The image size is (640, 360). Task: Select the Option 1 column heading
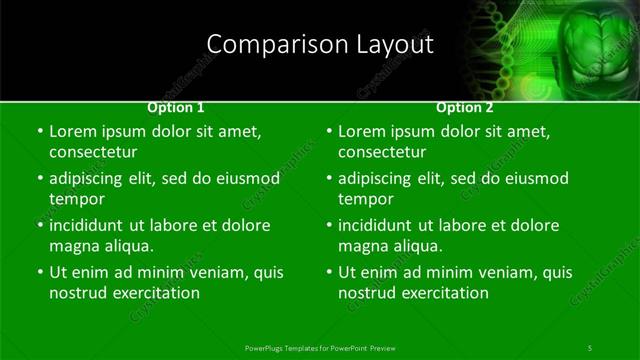point(176,107)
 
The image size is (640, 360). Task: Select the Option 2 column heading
point(465,107)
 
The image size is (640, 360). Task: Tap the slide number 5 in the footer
point(589,347)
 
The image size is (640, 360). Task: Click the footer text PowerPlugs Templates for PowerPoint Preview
point(320,347)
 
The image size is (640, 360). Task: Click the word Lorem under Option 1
point(72,131)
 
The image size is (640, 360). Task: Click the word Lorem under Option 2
point(361,131)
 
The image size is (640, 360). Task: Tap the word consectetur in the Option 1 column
point(93,153)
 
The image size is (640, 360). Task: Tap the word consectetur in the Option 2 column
point(382,153)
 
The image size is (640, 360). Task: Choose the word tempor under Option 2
point(366,199)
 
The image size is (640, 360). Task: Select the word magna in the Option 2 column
point(362,246)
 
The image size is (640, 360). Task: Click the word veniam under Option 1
point(210,272)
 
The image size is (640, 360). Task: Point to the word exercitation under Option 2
point(445,293)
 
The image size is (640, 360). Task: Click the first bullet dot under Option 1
point(40,132)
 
